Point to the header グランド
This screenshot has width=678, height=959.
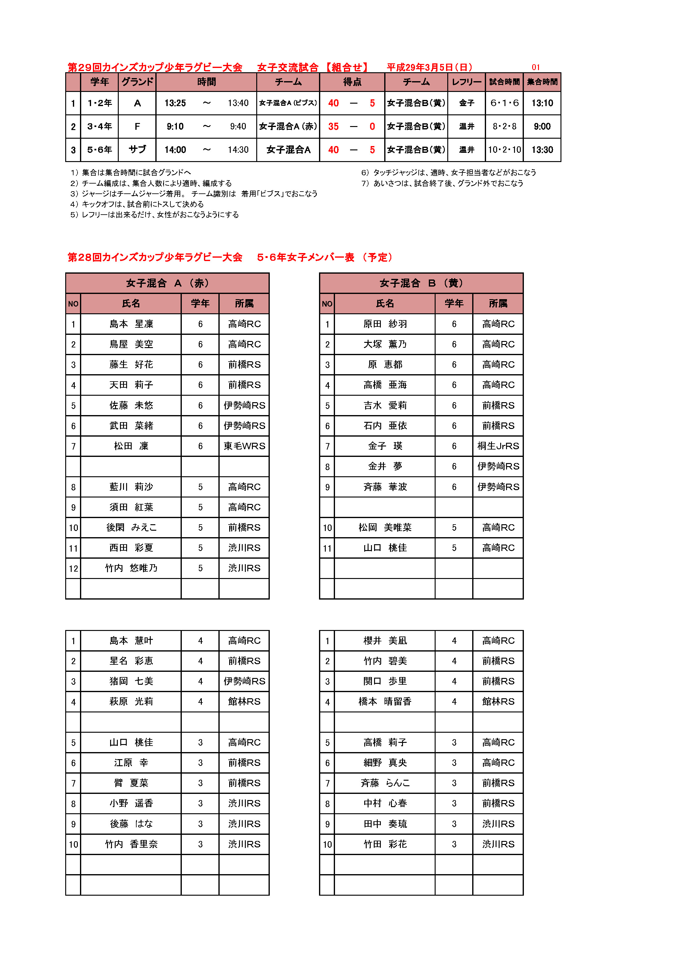[137, 82]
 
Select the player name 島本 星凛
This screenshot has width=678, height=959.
[131, 324]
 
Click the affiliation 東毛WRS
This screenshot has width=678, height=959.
[244, 446]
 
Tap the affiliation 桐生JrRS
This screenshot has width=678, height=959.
[498, 446]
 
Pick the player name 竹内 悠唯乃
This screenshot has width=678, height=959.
[131, 568]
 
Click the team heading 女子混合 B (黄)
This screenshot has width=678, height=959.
[421, 283]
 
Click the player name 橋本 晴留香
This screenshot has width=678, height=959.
[385, 702]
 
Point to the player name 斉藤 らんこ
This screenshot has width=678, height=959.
[385, 783]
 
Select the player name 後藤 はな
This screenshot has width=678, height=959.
[131, 824]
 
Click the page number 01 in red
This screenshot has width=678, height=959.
[536, 67]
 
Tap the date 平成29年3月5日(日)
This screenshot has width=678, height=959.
[430, 67]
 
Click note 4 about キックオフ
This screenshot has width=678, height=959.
[138, 204]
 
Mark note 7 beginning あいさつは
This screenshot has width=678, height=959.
[442, 183]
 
